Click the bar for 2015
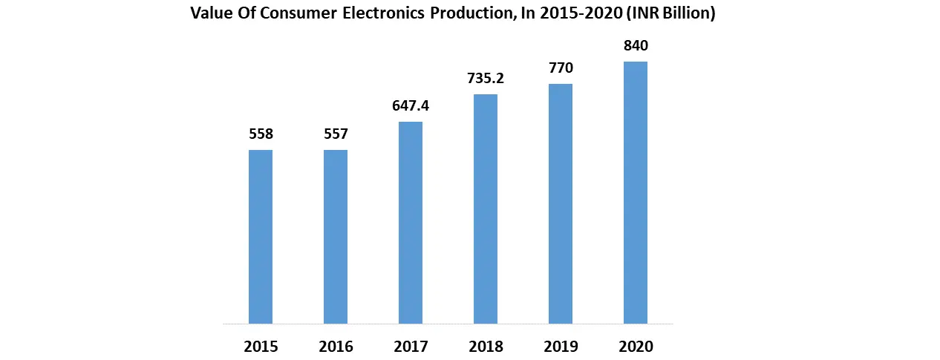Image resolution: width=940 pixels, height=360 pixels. [261, 237]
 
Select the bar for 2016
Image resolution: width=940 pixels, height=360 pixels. [336, 237]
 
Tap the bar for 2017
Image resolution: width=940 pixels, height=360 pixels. [411, 223]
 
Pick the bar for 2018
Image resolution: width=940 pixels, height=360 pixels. [486, 209]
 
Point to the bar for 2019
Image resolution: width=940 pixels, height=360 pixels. [561, 204]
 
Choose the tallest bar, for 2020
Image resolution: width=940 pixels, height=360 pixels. [636, 193]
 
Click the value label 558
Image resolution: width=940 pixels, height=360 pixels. [261, 134]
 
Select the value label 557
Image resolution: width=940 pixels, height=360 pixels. [336, 134]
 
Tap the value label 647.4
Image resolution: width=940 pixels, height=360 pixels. [411, 106]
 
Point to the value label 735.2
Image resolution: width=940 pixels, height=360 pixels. [486, 79]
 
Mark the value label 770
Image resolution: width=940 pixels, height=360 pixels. [561, 68]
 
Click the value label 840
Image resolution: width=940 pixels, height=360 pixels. [636, 46]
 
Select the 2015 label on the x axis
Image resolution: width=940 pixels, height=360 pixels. [261, 347]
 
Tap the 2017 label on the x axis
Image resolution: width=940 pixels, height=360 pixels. [411, 347]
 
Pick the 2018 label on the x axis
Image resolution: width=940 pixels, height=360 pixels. [486, 347]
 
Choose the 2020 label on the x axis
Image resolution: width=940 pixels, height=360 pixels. [636, 347]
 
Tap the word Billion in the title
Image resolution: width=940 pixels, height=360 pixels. [685, 14]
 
